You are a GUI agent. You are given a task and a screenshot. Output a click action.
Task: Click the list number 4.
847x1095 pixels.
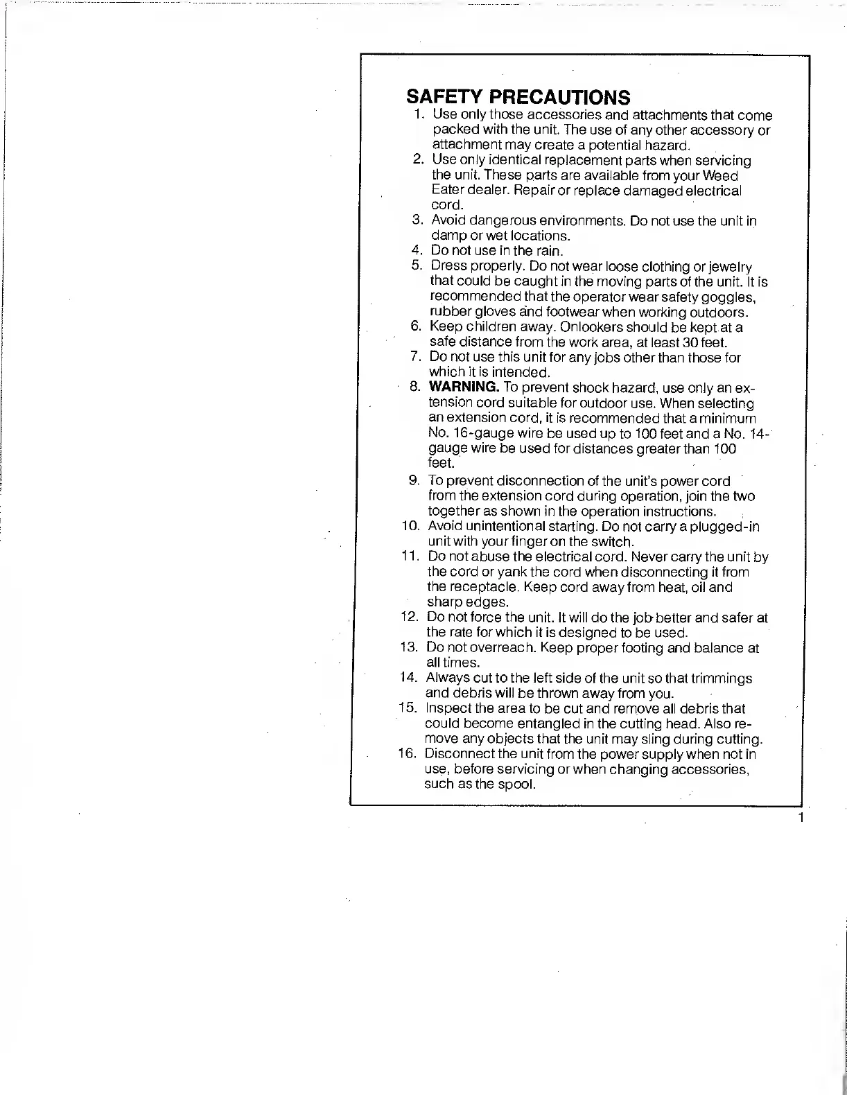pyautogui.click(x=417, y=252)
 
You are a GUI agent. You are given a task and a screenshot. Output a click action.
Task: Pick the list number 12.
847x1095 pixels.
pyautogui.click(x=409, y=617)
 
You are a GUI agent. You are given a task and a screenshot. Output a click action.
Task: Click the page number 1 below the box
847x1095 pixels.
pyautogui.click(x=801, y=818)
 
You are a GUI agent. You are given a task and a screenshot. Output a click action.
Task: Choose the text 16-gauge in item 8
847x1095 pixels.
pyautogui.click(x=483, y=433)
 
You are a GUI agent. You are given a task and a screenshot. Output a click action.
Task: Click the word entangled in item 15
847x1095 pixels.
pyautogui.click(x=547, y=724)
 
